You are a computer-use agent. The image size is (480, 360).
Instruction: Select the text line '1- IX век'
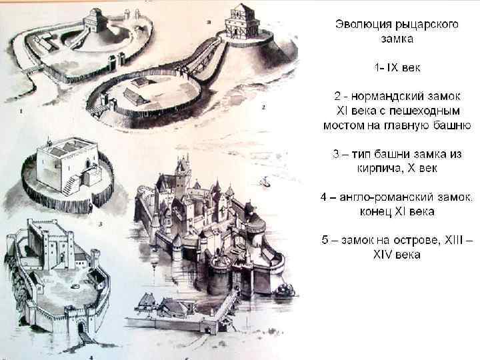[x=397, y=68]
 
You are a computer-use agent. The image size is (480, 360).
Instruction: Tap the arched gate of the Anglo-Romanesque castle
[x=81, y=327]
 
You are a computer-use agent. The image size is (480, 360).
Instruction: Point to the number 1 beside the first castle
[x=21, y=110]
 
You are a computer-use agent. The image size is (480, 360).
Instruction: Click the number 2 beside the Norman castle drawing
[x=264, y=107]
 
